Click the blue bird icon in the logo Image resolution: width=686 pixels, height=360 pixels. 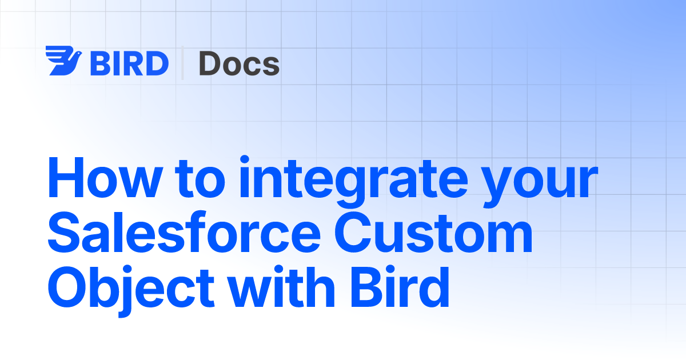(x=63, y=61)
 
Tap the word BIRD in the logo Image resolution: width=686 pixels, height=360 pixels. (x=129, y=63)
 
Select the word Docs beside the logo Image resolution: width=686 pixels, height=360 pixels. (x=239, y=63)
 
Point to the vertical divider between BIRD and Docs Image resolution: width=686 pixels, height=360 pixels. (x=183, y=62)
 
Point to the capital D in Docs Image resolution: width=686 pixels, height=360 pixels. (x=210, y=63)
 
